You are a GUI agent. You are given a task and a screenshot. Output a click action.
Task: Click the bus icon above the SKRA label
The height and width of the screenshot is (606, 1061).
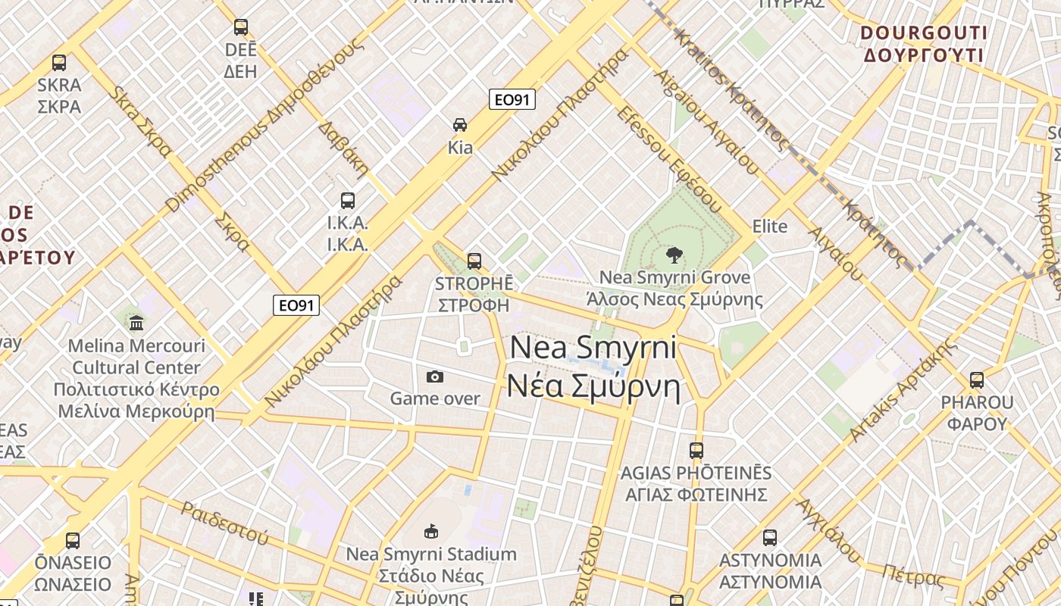[59, 63]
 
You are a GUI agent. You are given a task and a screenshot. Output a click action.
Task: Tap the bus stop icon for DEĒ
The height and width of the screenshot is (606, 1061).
[241, 27]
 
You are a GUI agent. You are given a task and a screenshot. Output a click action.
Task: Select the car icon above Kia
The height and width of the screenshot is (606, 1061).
[460, 124]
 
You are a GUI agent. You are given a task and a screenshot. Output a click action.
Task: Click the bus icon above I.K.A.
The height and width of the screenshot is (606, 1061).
[348, 201]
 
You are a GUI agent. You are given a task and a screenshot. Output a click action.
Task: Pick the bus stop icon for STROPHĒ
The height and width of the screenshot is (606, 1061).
[474, 261]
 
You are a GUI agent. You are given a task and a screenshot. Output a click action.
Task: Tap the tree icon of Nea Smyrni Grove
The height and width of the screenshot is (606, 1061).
[673, 255]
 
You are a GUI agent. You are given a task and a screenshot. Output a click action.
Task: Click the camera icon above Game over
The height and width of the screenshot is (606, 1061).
[435, 376]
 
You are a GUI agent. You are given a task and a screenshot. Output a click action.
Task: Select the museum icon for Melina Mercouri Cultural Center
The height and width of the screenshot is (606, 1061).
[136, 323]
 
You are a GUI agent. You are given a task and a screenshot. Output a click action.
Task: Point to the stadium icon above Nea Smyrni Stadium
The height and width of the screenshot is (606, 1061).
[431, 531]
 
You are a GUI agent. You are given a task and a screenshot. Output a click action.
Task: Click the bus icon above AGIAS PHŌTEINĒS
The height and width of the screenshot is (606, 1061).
[696, 451]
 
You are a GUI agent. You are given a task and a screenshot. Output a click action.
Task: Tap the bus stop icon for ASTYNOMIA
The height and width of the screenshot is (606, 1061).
[770, 538]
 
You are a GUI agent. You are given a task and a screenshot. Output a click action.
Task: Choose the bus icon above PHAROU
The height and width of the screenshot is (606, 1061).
[977, 380]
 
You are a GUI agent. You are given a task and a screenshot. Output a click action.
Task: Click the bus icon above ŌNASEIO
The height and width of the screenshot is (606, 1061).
[73, 541]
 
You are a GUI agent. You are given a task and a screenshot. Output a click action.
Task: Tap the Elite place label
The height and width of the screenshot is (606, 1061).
[769, 226]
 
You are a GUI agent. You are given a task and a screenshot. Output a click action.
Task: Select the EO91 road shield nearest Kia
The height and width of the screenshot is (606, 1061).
[512, 99]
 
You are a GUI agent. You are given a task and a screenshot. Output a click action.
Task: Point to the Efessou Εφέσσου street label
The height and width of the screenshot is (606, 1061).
[668, 158]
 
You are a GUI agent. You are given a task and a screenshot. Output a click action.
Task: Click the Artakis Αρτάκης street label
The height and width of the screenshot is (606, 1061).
[902, 391]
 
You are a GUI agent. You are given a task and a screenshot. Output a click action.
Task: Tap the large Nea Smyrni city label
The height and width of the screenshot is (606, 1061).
[593, 367]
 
